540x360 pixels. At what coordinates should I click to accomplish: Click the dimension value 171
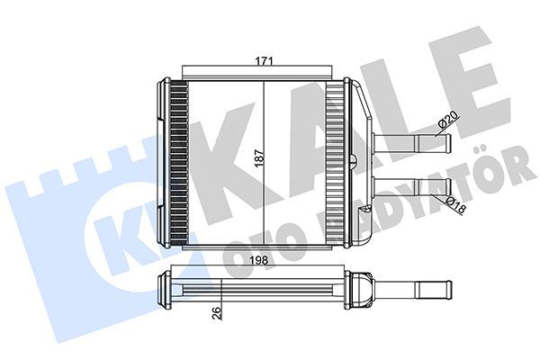pos(262,61)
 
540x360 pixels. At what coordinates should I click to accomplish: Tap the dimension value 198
pos(261,263)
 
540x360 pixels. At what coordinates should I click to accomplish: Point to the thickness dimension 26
pos(216,315)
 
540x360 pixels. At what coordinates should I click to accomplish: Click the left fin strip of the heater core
pos(176,162)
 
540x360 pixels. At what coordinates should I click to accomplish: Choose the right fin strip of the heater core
pos(336,162)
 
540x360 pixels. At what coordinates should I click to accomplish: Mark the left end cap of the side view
pos(166,289)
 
